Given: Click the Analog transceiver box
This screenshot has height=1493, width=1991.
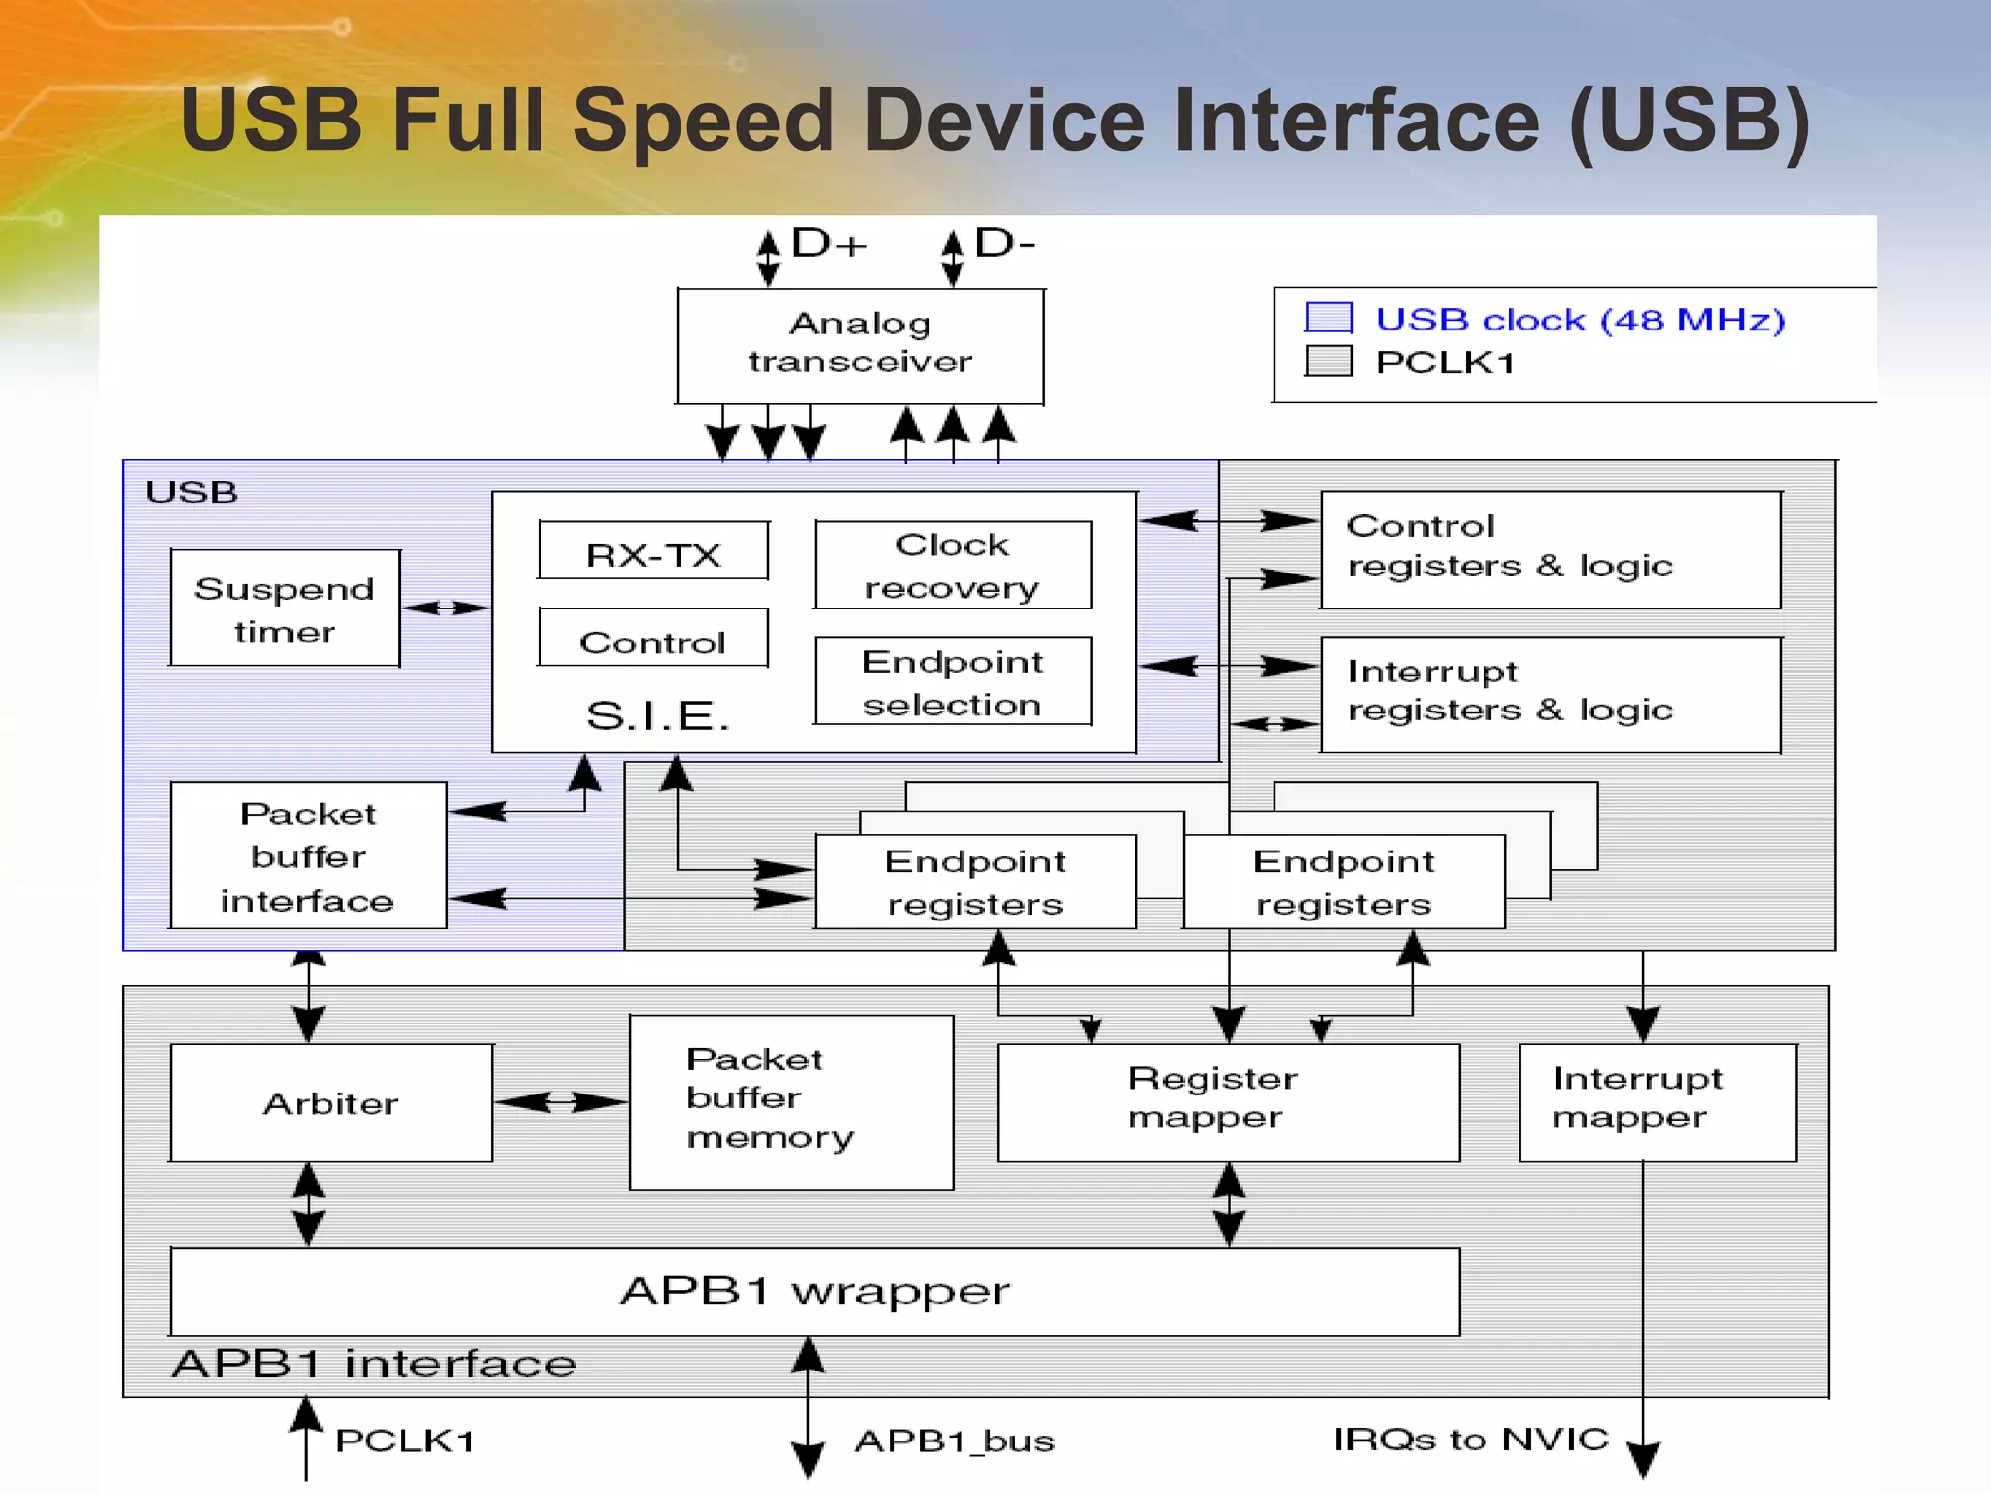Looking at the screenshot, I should tap(859, 345).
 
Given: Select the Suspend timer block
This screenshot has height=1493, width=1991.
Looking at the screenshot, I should tap(284, 608).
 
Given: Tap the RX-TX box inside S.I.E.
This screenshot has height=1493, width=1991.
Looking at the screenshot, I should tap(653, 552).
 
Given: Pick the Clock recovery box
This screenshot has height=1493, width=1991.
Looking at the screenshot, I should tap(953, 566).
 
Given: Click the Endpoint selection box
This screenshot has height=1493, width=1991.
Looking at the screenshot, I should tap(953, 681).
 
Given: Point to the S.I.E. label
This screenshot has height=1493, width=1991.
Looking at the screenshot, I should tap(657, 715).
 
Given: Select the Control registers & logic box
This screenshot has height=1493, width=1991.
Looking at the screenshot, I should tap(1550, 550).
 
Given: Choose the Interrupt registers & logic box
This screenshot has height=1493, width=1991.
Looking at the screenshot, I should tap(1550, 694).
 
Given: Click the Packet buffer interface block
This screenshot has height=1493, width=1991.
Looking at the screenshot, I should tap(308, 855).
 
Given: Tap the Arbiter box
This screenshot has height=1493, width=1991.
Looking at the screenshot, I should tap(331, 1102).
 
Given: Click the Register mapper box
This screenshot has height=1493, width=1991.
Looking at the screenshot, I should tap(1228, 1101).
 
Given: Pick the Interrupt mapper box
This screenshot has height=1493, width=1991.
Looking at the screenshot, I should tap(1657, 1101).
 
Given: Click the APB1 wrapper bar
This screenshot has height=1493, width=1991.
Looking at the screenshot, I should tap(815, 1291).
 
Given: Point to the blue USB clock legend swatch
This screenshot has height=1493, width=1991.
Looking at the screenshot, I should tap(1328, 318).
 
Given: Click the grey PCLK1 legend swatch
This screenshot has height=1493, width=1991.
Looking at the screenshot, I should tap(1328, 361).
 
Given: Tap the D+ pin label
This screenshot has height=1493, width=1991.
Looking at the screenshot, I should tap(827, 243).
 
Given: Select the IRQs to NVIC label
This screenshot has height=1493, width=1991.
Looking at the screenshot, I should tap(1470, 1439).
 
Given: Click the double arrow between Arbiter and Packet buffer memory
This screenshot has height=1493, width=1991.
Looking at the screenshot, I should tap(560, 1102).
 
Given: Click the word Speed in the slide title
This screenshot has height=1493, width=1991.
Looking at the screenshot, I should tap(703, 121).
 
